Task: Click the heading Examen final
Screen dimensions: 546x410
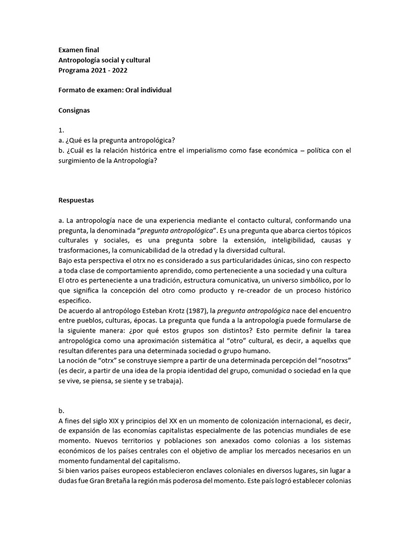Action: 78,50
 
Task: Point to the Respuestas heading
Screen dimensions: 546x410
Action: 77,200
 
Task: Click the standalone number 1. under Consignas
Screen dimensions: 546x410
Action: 61,130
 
